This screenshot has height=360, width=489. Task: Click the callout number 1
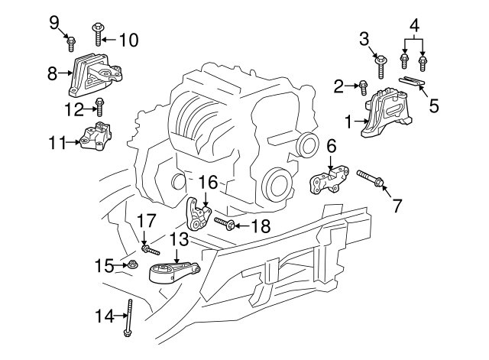click(x=349, y=122)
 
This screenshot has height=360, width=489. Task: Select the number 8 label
click(x=52, y=74)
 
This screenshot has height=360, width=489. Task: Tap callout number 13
click(x=178, y=239)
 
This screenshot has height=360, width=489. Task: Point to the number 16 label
click(x=209, y=182)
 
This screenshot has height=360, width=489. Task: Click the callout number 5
click(x=433, y=105)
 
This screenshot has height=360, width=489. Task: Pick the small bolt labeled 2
click(x=364, y=88)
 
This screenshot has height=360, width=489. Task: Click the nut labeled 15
click(x=131, y=266)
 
